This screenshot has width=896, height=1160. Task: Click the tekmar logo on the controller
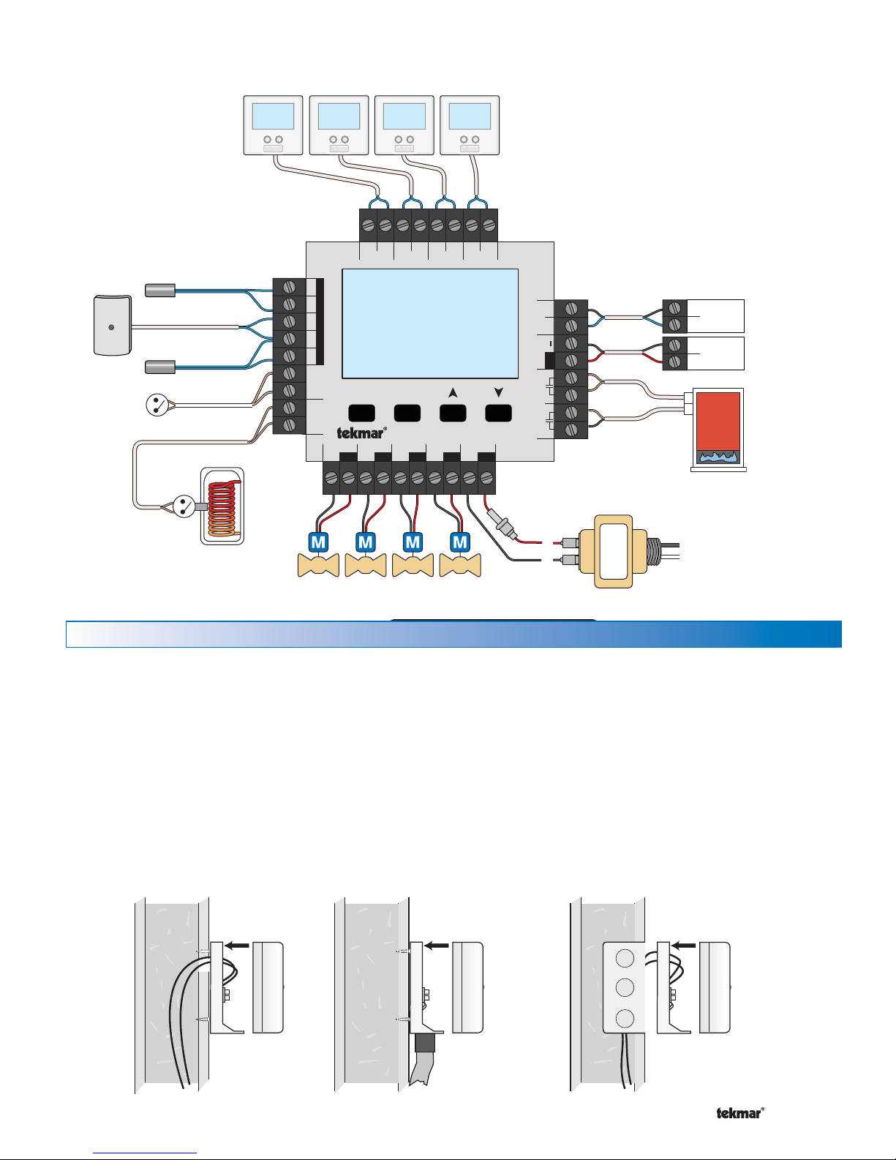(361, 433)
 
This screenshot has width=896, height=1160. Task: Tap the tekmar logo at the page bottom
(739, 1113)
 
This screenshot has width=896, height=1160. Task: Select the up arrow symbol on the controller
(453, 393)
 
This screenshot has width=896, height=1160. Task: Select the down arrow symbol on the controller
(498, 393)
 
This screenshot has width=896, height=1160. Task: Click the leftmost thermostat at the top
(273, 125)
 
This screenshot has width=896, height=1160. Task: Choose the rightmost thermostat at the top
(470, 125)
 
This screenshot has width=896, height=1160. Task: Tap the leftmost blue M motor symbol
(318, 542)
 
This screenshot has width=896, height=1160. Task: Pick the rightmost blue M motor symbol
(459, 542)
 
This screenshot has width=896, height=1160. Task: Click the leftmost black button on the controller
(361, 413)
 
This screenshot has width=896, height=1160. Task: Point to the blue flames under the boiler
(718, 457)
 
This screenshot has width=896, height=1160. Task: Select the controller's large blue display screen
(430, 323)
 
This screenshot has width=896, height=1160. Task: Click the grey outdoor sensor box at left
(113, 326)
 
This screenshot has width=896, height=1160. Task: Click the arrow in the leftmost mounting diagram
(237, 946)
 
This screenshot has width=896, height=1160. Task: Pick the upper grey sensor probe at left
(160, 291)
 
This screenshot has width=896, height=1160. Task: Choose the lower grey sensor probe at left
(160, 366)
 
